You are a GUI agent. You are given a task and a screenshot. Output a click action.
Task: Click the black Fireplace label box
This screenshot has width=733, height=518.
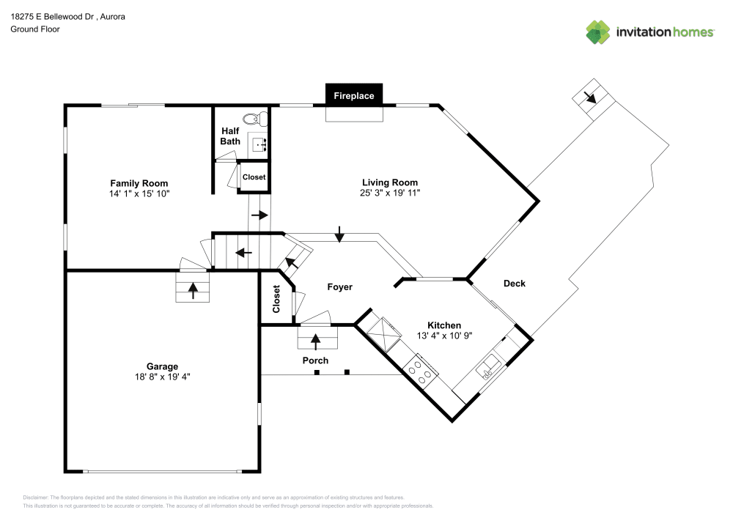(x=354, y=95)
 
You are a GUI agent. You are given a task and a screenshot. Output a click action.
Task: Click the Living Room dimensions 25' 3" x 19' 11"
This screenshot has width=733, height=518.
(x=390, y=193)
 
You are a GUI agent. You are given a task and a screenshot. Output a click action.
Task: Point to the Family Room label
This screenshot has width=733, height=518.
(x=139, y=183)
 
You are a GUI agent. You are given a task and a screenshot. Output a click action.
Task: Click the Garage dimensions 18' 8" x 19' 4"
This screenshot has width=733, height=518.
(x=162, y=377)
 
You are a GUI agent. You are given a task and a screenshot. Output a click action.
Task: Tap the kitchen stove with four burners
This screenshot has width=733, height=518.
(x=420, y=371)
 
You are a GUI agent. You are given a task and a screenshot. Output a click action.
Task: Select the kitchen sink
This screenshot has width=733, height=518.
(x=488, y=366)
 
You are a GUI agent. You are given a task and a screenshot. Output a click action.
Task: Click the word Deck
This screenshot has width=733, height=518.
(x=515, y=283)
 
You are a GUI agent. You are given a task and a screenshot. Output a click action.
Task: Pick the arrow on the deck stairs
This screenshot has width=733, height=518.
(x=590, y=97)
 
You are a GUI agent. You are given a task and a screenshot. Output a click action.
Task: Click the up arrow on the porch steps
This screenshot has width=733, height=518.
(x=315, y=342)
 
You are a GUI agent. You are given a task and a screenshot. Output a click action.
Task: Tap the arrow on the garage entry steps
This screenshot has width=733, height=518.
(x=193, y=291)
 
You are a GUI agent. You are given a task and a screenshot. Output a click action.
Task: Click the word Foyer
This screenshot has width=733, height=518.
(x=340, y=286)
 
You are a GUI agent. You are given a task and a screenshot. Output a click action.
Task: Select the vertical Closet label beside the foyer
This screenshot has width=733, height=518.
(x=276, y=299)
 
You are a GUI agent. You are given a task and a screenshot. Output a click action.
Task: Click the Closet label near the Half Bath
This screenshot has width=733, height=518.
(x=254, y=177)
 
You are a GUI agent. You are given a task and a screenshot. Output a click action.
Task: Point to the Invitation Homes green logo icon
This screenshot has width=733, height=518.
(x=598, y=32)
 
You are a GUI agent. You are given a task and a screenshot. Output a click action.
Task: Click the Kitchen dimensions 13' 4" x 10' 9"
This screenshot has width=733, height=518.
(x=445, y=336)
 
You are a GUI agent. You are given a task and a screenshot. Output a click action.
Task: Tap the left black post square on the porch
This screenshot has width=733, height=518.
(x=317, y=372)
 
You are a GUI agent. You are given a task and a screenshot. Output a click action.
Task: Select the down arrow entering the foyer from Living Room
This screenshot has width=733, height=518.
(x=339, y=234)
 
